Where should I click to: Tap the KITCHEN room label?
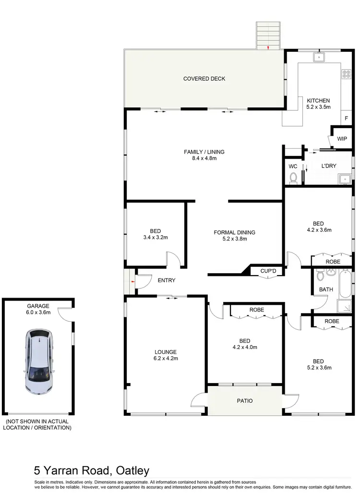pos(318,100)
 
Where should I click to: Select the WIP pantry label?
pos(342,139)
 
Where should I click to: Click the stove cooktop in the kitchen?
pos(346,74)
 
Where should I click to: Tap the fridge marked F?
pos(346,118)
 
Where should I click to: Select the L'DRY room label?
pos(329,166)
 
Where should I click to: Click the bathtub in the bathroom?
pos(345,284)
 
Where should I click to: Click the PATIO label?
pos(245,401)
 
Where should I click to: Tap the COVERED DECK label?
pos(204,79)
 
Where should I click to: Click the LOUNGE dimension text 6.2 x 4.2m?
pos(166,358)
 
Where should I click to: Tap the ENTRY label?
pos(167,280)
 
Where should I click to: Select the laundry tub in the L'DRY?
pos(344,180)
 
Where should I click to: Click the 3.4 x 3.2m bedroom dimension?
pos(155,237)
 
